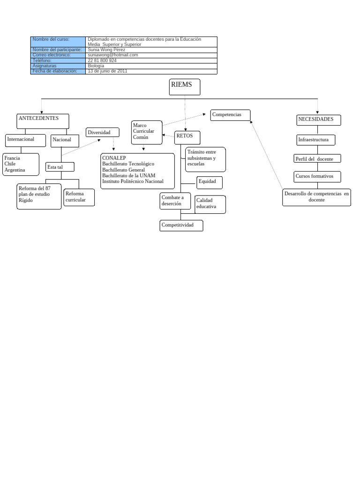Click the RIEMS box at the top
pos(185,87)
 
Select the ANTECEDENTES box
pos(43,121)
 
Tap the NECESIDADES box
pos(319,120)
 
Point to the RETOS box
pos(187,137)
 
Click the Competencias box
pos(230,115)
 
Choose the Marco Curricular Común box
pos(147,132)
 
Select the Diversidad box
pos(102,132)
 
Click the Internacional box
pos(25,141)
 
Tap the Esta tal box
pos(60,167)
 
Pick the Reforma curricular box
pos(79,197)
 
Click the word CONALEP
pos(114,158)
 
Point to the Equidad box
pos(210,183)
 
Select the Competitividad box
pos(181,225)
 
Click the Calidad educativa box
pos(210,204)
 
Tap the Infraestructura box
pos(316,140)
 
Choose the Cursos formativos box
pos(317,177)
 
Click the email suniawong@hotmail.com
pos(113,55)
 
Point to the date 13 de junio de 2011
pos(107,71)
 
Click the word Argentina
pos(15,170)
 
